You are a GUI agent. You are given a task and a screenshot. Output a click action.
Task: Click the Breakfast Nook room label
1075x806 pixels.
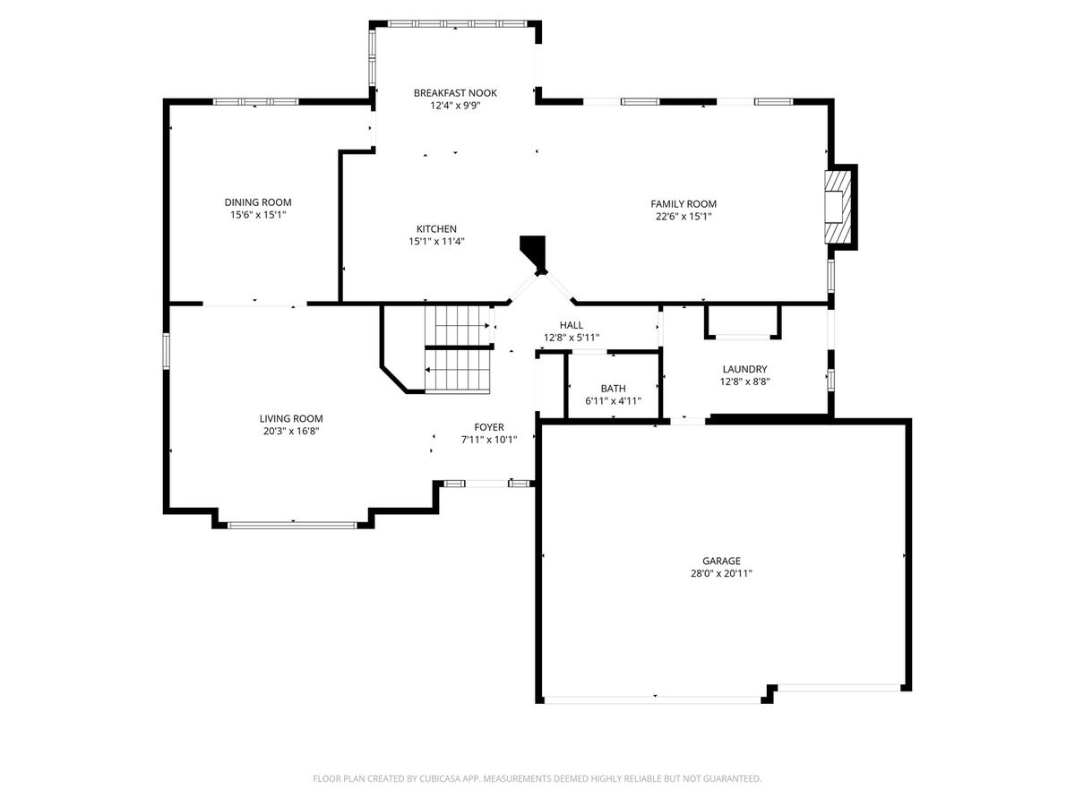[455, 93]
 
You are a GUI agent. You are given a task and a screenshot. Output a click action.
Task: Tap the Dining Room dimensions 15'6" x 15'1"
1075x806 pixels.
[258, 215]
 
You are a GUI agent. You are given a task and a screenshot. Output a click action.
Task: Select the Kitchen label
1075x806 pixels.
[436, 229]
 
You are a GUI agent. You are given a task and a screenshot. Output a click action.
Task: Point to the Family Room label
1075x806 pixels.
[684, 204]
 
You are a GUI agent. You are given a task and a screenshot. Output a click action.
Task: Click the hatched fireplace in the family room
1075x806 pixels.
[838, 207]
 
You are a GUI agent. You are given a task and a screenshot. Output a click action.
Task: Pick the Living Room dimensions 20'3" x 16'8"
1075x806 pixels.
[291, 431]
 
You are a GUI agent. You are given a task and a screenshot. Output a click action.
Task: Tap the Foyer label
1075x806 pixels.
[489, 427]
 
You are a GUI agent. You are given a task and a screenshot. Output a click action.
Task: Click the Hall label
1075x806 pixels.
[572, 325]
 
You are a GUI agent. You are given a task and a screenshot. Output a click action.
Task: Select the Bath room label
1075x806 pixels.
[613, 389]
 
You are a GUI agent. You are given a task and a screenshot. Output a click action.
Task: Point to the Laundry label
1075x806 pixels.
[745, 369]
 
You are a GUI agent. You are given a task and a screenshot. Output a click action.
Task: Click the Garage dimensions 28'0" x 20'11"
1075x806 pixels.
[721, 573]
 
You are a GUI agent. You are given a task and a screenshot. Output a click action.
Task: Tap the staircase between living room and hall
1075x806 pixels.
[458, 349]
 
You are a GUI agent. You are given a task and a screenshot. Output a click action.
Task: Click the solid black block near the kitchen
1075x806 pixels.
[533, 252]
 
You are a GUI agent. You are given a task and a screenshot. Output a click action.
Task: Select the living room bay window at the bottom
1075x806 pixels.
[292, 525]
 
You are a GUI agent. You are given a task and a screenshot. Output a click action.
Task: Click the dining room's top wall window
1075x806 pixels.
[255, 102]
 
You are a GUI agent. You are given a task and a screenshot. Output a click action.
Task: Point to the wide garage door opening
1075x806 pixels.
[653, 699]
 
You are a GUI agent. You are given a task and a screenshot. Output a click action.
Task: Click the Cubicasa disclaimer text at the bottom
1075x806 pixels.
[537, 778]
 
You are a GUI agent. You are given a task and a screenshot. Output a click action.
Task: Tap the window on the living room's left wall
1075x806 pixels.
[166, 351]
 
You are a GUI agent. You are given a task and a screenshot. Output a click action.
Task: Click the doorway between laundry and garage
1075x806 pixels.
[688, 421]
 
